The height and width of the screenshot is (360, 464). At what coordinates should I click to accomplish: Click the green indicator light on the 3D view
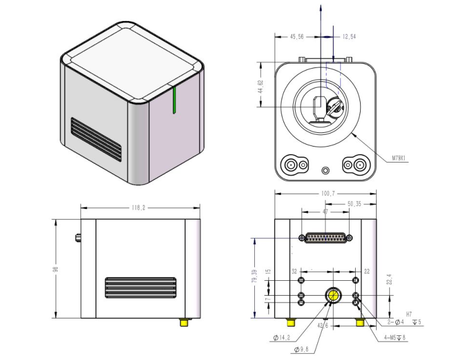pos(176,101)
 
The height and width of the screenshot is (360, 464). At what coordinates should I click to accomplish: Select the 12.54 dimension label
pos(350,37)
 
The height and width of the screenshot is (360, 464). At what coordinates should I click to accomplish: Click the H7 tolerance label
pos(408,314)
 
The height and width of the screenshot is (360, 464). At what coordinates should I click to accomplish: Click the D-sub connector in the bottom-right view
pos(325,238)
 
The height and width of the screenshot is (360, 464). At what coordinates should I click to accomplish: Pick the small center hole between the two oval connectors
pos(325,169)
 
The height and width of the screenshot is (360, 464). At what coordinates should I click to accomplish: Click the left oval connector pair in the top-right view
pos(296,165)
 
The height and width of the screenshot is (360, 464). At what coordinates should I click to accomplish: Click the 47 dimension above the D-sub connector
pos(325,212)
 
